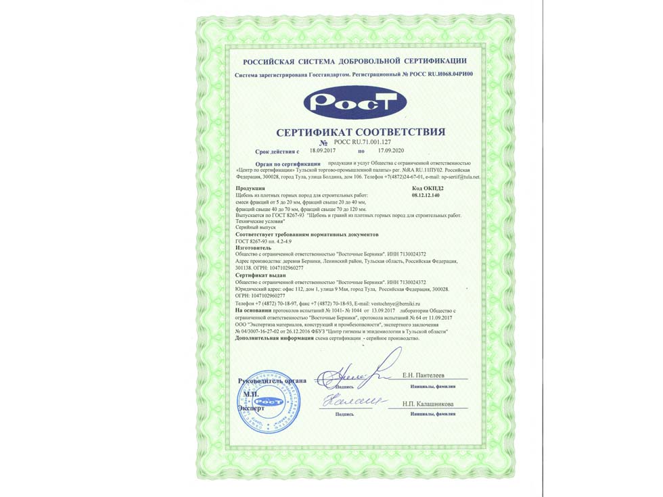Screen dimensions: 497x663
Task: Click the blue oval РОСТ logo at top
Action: (x=355, y=103)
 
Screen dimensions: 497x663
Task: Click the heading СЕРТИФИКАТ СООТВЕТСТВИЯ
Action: (x=361, y=132)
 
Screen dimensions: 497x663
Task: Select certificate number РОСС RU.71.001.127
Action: (x=363, y=143)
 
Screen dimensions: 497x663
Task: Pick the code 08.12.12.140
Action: (x=426, y=195)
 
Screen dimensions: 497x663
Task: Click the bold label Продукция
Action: (x=250, y=187)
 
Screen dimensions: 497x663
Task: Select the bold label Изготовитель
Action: (x=252, y=248)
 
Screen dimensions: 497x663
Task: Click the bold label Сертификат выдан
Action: (x=260, y=276)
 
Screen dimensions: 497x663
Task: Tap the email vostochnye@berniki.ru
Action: (x=391, y=305)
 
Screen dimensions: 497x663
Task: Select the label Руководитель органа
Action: (x=272, y=381)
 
